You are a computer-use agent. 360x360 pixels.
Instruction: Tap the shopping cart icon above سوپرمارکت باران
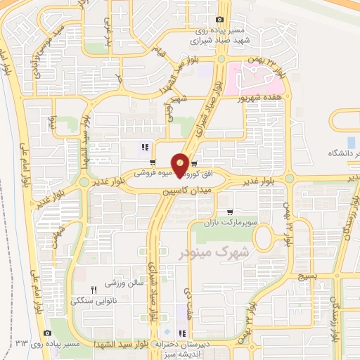pos(230,212)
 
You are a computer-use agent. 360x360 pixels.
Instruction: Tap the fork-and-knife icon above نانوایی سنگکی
pos(94,289)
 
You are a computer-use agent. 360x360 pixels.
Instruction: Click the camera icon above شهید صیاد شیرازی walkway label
pos(220,20)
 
